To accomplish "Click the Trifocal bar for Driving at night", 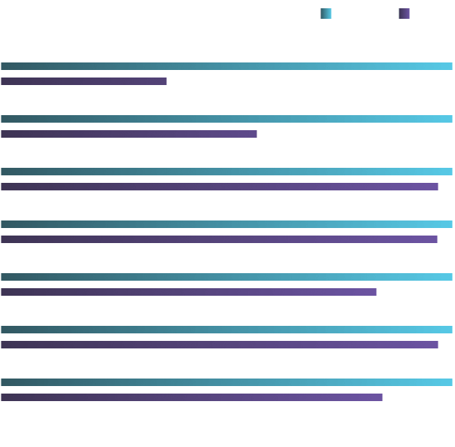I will pyautogui.click(x=84, y=81).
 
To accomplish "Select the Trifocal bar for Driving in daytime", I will pyautogui.click(x=129, y=134).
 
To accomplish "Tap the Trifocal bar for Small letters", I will pyautogui.click(x=189, y=292).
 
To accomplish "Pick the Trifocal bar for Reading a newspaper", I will pyautogui.click(x=192, y=397).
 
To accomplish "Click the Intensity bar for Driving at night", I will pyautogui.click(x=226, y=66).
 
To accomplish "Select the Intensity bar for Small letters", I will pyautogui.click(x=226, y=277).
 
